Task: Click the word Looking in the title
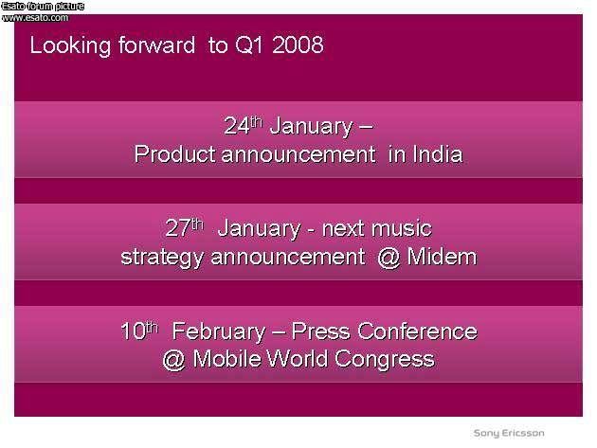[x=70, y=46]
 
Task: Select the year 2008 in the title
[x=298, y=45]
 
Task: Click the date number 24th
[x=244, y=125]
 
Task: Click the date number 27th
[x=185, y=227]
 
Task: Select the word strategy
[x=162, y=258]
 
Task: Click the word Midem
[x=442, y=256]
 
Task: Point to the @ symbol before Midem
[x=389, y=258]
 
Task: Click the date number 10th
[x=139, y=330]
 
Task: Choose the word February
[x=219, y=332]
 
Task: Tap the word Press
[x=320, y=331]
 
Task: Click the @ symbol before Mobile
[x=174, y=359]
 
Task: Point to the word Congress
[x=385, y=360]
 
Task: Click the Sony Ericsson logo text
[x=509, y=433]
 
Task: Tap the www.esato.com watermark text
[x=35, y=17]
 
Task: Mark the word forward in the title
[x=157, y=45]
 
